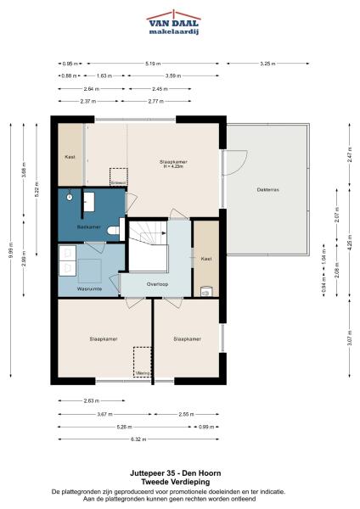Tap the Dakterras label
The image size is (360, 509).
267,189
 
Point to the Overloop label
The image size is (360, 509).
158,283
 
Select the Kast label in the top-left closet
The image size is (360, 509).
70,157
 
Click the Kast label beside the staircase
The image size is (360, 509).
205,258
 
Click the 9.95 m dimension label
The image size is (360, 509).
10,250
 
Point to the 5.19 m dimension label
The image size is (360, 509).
153,63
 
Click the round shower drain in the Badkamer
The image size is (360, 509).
73,199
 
